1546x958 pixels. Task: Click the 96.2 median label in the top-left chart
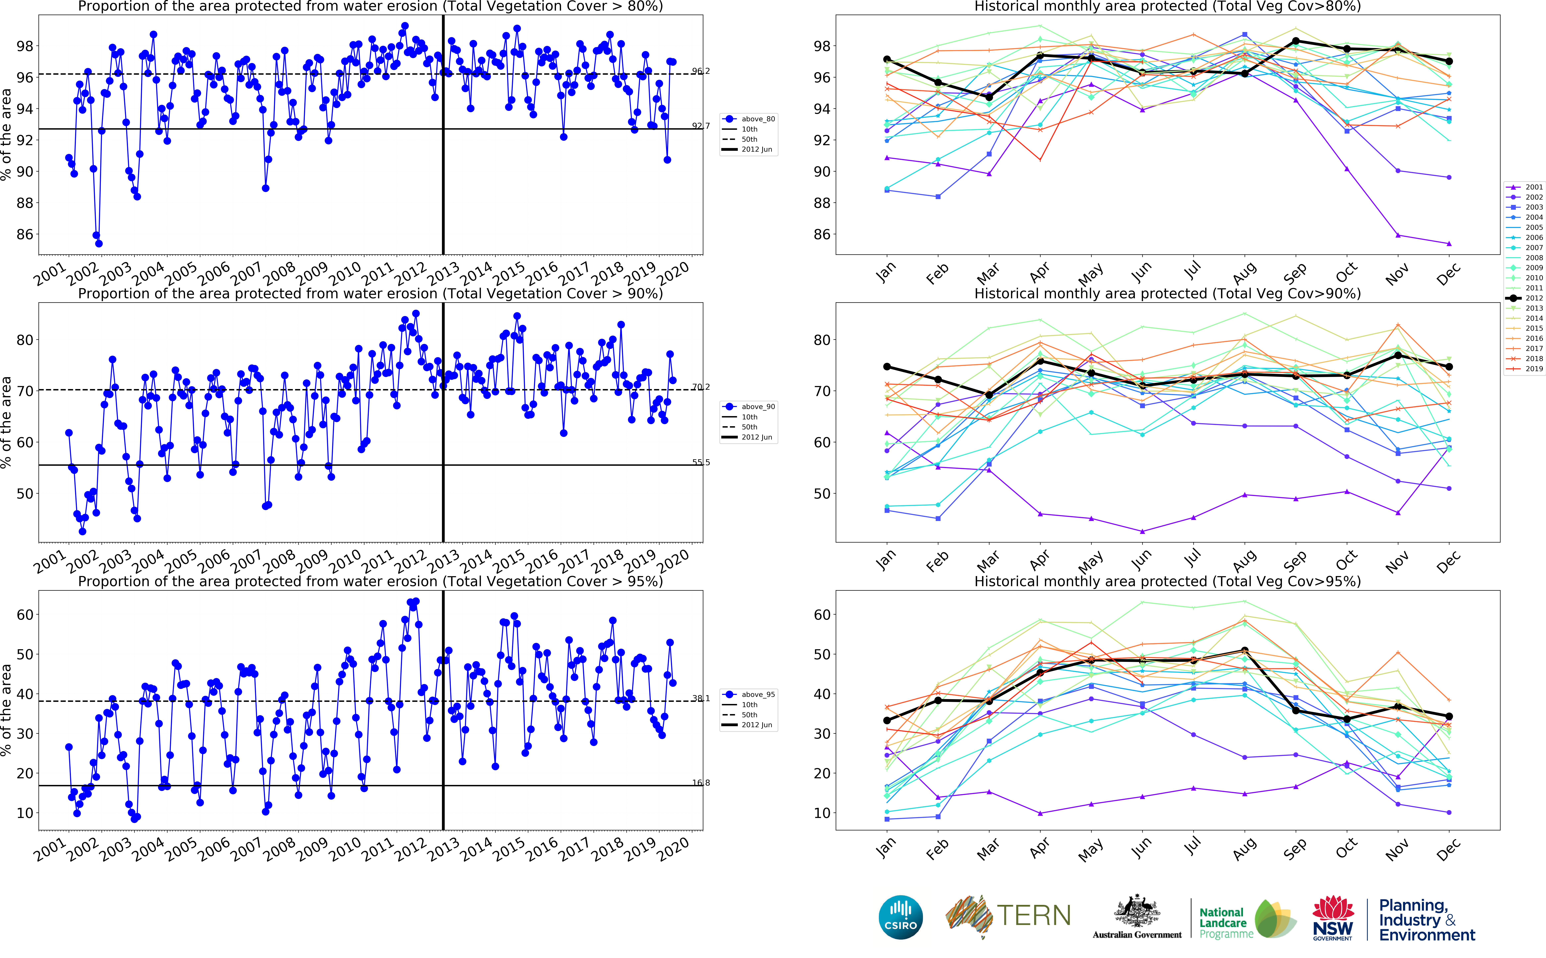pyautogui.click(x=701, y=71)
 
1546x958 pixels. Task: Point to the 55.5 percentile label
pyautogui.click(x=701, y=463)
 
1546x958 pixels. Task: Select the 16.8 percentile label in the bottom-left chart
pyautogui.click(x=701, y=783)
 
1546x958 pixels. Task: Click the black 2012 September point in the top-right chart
pyautogui.click(x=1296, y=41)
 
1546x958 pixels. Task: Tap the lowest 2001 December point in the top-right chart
pyautogui.click(x=1449, y=243)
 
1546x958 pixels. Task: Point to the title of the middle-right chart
pyautogui.click(x=1167, y=293)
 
